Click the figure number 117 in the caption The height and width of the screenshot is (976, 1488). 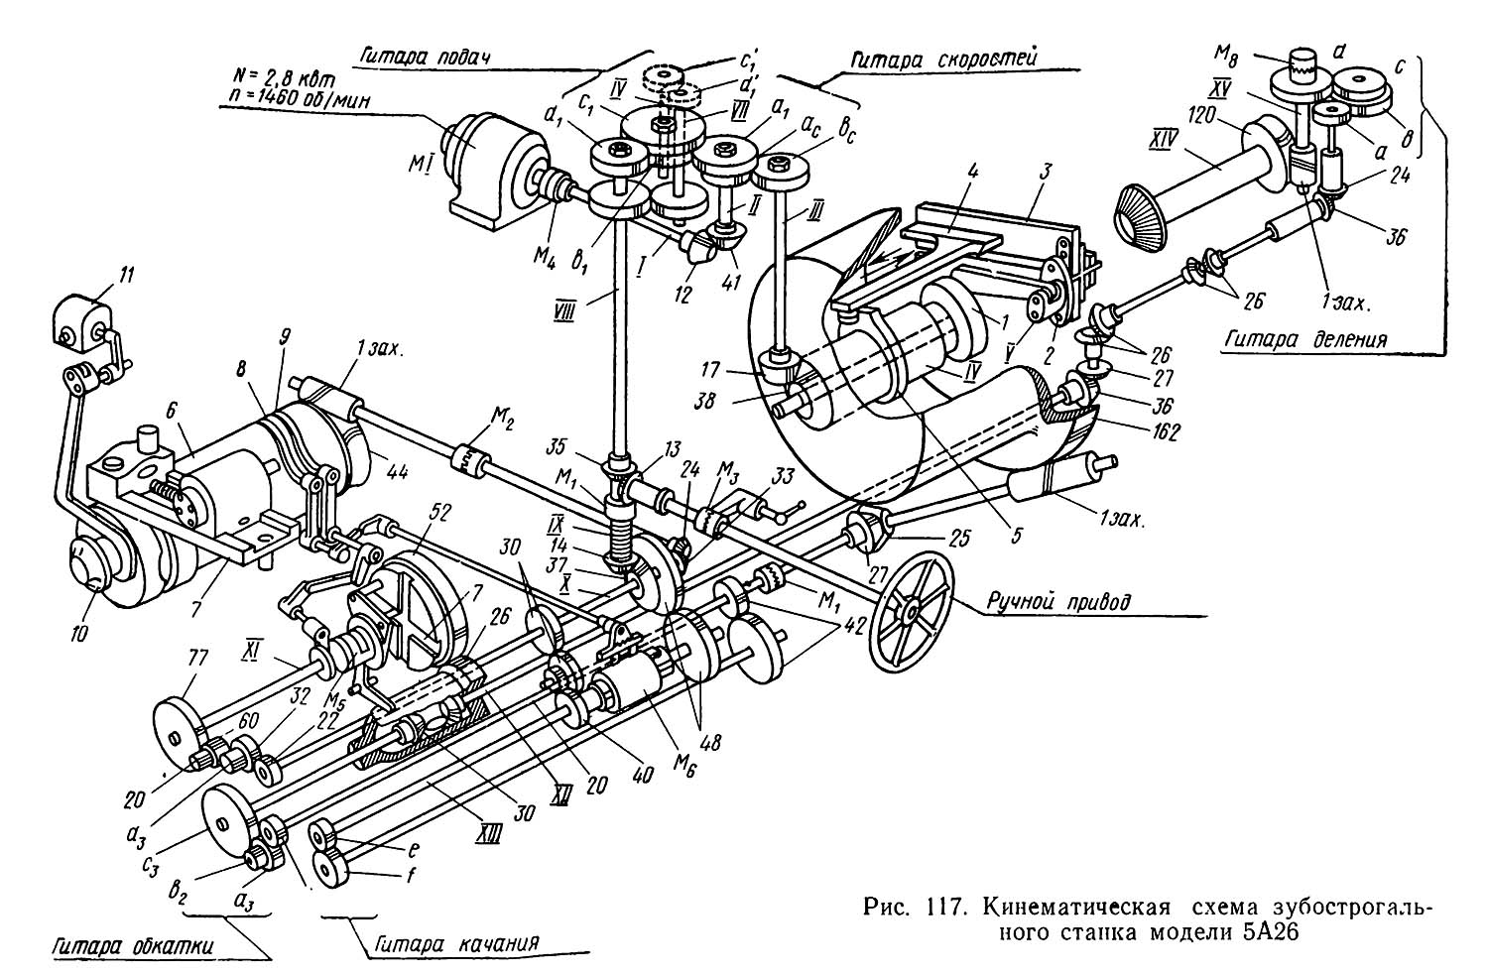[x=942, y=907]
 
